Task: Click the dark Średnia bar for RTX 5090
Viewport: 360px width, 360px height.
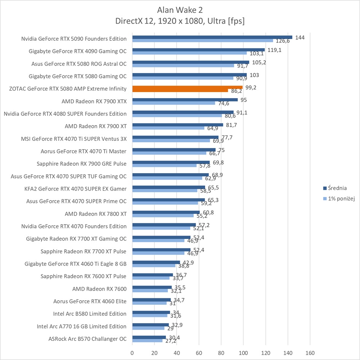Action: pyautogui.click(x=212, y=37)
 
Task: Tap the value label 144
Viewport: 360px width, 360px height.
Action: pyautogui.click(x=300, y=37)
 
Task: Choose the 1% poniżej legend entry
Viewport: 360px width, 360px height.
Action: pyautogui.click(x=338, y=198)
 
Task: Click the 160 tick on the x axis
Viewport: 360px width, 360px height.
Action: pyautogui.click(x=310, y=352)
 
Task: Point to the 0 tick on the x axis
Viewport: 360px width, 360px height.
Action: pyautogui.click(x=132, y=352)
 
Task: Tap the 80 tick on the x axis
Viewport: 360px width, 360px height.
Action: pyautogui.click(x=221, y=352)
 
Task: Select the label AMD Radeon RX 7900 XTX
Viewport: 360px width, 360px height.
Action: pyautogui.click(x=94, y=101)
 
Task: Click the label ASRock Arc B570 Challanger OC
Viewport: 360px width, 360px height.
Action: pyautogui.click(x=88, y=339)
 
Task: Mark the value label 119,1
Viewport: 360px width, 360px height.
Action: pyautogui.click(x=274, y=50)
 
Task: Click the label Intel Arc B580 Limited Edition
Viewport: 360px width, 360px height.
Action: pyautogui.click(x=90, y=314)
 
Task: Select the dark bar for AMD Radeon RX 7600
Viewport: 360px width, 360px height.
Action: pyautogui.click(x=152, y=287)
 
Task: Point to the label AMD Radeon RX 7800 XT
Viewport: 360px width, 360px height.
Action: pyautogui.click(x=96, y=214)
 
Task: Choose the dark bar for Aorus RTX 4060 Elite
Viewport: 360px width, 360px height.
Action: pyautogui.click(x=151, y=300)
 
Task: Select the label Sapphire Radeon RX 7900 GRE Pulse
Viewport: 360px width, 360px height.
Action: pyautogui.click(x=82, y=164)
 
